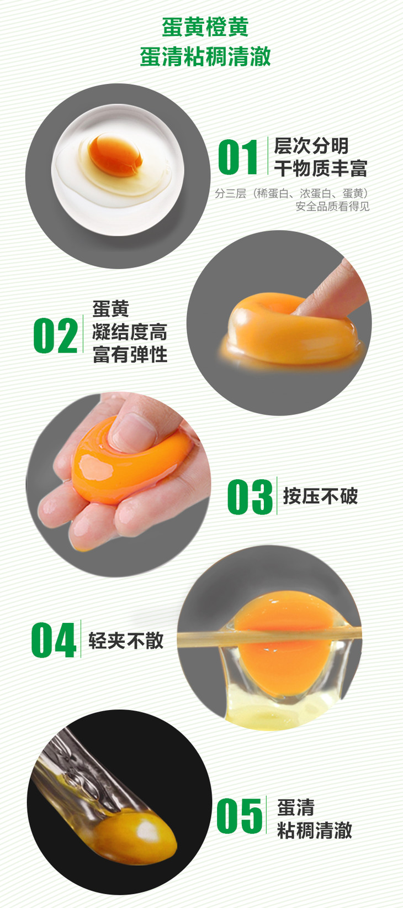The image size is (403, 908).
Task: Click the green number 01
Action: point(238,157)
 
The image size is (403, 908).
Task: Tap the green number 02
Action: point(56,335)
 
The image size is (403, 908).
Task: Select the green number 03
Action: point(250,497)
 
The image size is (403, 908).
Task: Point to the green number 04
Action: point(54,640)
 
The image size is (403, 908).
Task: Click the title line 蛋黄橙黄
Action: point(205,27)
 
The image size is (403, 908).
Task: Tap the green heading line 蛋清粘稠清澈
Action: point(205,56)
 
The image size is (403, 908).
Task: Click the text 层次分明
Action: point(311,146)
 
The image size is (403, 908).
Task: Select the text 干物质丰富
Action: point(320,168)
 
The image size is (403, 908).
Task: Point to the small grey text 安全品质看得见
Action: point(332,206)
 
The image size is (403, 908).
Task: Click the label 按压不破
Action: point(320,496)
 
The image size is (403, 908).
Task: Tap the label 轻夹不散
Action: point(126,641)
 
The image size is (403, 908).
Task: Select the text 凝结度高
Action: point(130,332)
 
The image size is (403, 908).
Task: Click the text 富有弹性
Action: point(130,354)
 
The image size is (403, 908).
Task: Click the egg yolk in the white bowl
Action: point(115,155)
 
